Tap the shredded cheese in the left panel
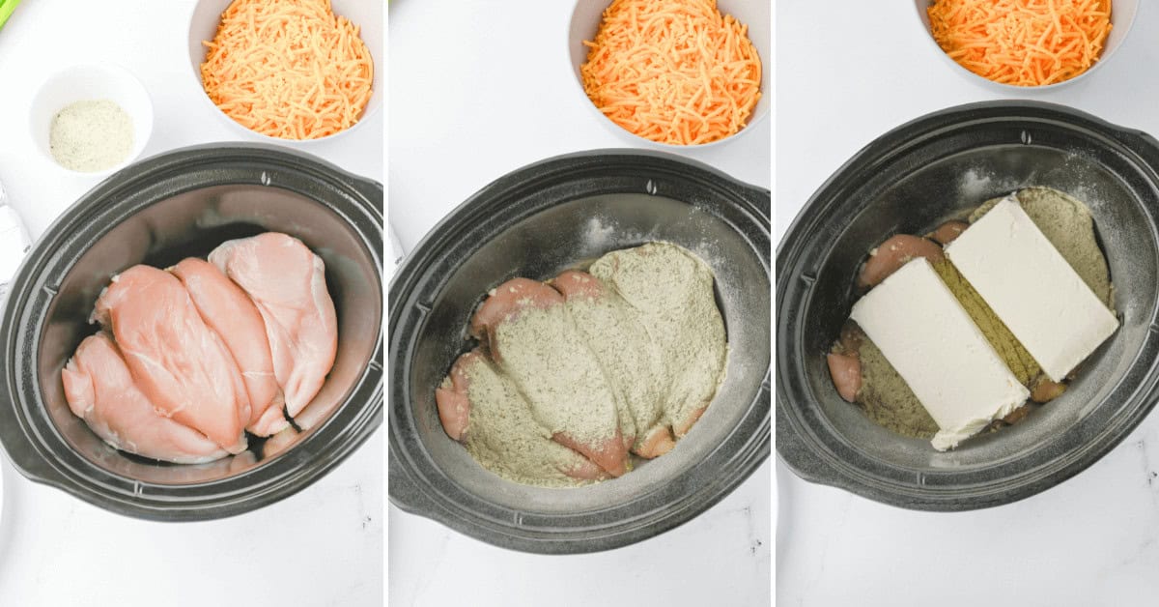287,68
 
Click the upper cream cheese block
1031,285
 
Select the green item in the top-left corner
7,10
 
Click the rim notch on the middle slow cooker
650,187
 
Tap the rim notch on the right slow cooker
1027,137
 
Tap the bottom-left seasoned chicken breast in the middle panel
502,425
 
